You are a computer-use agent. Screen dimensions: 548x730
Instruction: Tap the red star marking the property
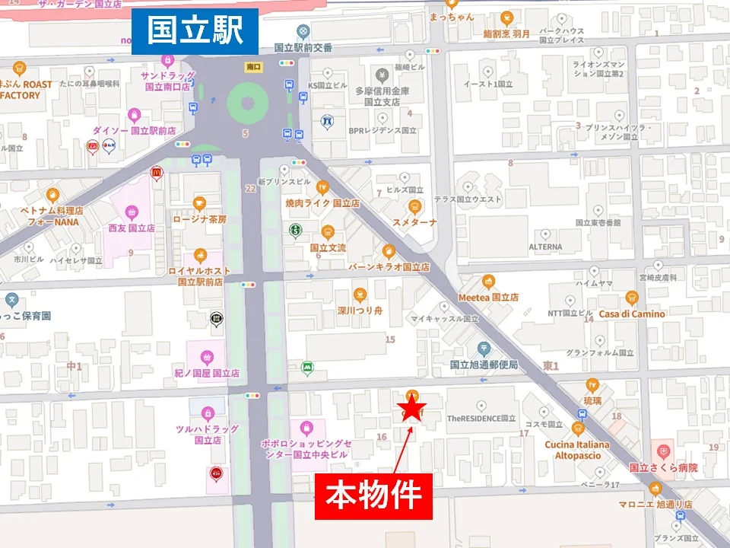(411, 410)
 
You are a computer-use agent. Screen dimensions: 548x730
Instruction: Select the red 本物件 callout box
(373, 496)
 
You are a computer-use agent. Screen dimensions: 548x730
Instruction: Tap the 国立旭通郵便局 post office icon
(484, 349)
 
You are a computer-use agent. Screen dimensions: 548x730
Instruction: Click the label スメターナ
(414, 222)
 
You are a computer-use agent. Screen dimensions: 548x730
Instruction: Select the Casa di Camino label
(631, 314)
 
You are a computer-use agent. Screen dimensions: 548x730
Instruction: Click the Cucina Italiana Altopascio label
(577, 450)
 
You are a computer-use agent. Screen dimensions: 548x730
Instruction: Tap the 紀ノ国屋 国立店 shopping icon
(206, 356)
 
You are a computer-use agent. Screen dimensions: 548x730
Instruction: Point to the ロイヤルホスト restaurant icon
(200, 256)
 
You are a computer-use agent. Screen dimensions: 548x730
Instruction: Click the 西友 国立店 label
(132, 228)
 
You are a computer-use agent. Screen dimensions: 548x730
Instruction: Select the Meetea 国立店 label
(488, 298)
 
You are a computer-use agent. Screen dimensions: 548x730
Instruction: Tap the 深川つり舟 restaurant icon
(360, 295)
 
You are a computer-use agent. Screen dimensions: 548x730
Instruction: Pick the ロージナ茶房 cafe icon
(199, 203)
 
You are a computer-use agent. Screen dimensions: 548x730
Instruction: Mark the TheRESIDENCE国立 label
(481, 418)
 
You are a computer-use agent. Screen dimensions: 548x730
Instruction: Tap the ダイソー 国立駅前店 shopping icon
(135, 116)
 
